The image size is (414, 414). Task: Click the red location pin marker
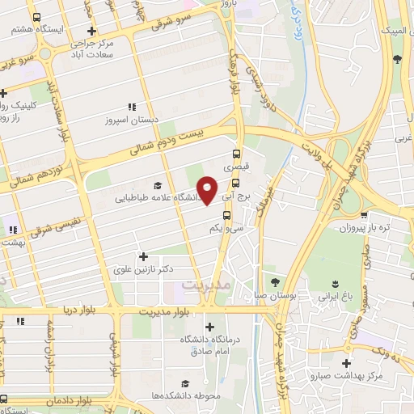point(208,190)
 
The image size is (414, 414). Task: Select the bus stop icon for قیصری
point(236,154)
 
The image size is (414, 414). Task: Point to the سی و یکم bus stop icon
point(227,215)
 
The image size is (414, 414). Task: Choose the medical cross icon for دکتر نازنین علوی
point(143,256)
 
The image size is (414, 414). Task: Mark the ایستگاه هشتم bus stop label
point(32,27)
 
